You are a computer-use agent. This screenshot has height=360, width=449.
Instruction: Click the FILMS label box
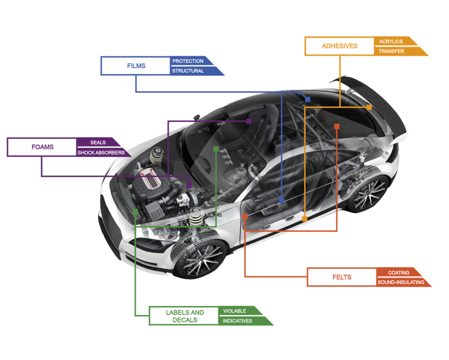pyautogui.click(x=136, y=66)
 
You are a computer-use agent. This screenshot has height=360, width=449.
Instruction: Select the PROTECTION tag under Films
pyautogui.click(x=188, y=61)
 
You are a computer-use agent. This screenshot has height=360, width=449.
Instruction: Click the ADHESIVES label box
pyautogui.click(x=339, y=46)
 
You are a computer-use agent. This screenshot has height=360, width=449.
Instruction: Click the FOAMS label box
pyautogui.click(x=42, y=147)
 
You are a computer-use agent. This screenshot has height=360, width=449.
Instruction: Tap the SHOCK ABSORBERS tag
pyautogui.click(x=101, y=152)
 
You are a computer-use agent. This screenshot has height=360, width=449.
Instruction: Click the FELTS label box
pyautogui.click(x=342, y=277)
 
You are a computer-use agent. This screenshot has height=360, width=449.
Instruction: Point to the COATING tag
pyautogui.click(x=398, y=272)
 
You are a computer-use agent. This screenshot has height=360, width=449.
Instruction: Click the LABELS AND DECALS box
pyautogui.click(x=185, y=316)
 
